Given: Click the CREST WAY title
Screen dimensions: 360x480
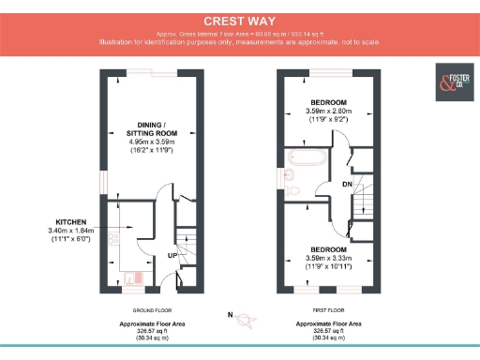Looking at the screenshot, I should pos(239,20).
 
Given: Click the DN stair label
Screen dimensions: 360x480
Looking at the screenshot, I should pos(348,185).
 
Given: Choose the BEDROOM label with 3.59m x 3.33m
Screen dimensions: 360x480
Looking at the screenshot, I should pos(329,249).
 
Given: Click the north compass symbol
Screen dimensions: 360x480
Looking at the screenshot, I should pos(247,321).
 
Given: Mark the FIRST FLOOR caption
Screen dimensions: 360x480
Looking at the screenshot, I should pos(329,309).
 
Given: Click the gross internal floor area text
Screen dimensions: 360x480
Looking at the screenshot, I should pos(239,33).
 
